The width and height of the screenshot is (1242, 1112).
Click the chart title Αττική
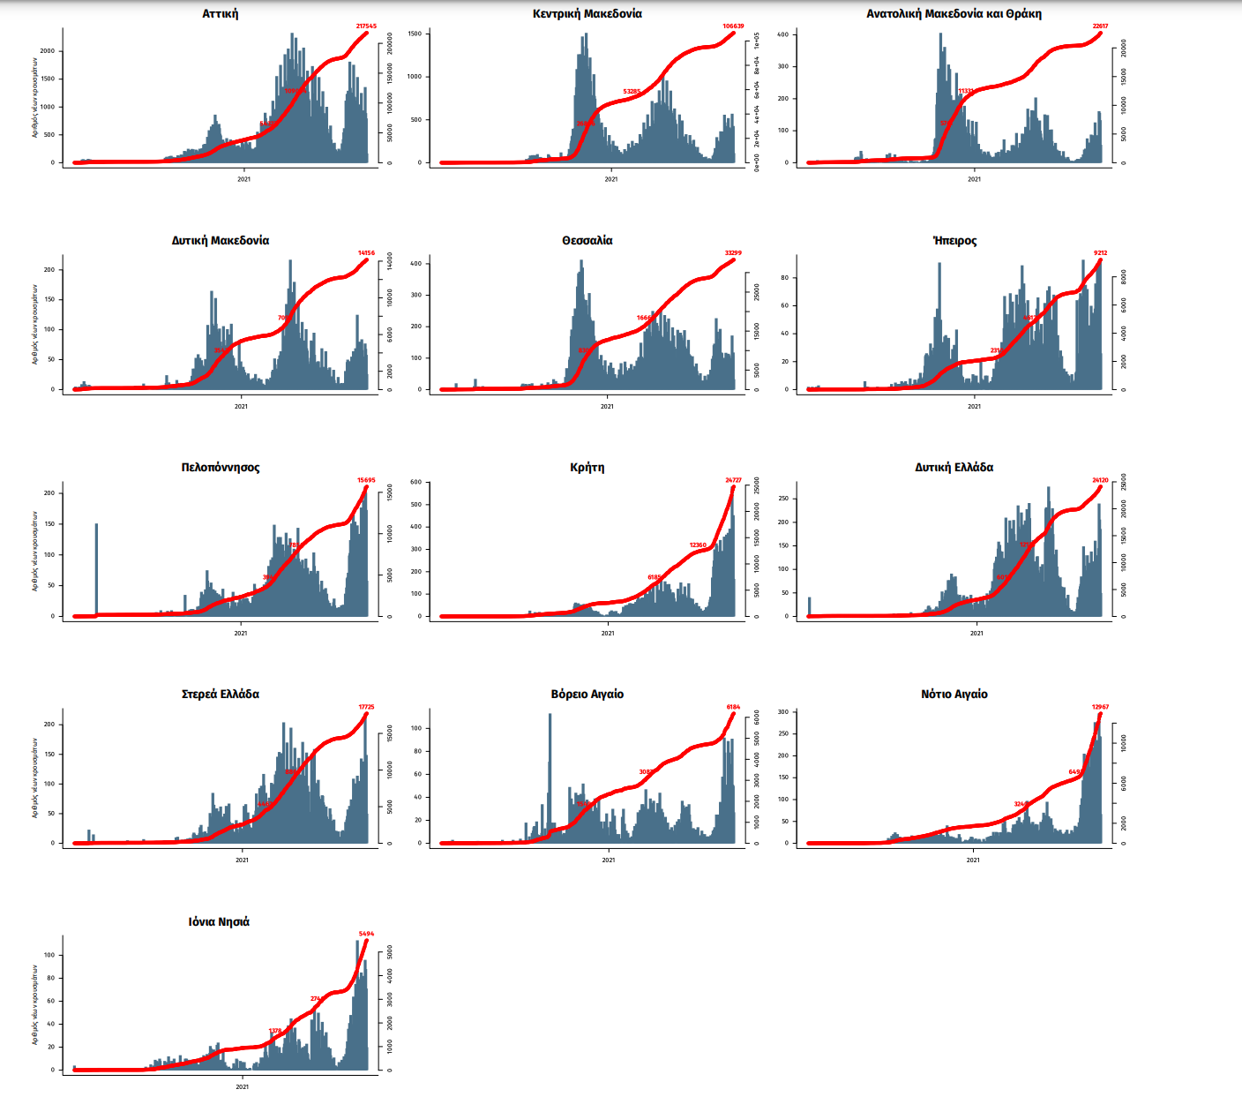(220, 14)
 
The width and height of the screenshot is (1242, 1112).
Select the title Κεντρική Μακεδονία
(587, 14)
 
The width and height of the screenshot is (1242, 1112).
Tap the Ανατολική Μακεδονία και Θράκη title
(954, 14)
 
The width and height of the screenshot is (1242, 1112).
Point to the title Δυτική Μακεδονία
(220, 241)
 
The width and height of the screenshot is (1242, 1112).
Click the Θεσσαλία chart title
(587, 241)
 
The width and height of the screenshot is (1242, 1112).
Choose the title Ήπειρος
(954, 241)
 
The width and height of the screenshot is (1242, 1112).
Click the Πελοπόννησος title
(221, 468)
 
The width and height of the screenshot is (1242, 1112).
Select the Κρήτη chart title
(587, 468)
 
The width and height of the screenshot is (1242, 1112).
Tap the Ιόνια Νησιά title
(219, 922)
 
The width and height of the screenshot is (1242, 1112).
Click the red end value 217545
(366, 26)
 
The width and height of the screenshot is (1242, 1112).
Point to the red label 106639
(733, 26)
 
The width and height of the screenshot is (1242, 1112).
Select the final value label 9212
(1100, 253)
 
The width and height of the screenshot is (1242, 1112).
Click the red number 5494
(366, 934)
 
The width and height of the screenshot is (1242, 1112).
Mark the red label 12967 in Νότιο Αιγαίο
(1100, 707)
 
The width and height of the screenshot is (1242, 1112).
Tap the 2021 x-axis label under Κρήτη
(607, 633)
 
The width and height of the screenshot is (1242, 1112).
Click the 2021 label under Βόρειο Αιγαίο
(608, 860)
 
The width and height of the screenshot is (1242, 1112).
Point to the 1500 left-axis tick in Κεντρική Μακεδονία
(415, 34)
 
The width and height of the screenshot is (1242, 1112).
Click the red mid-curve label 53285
(632, 92)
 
